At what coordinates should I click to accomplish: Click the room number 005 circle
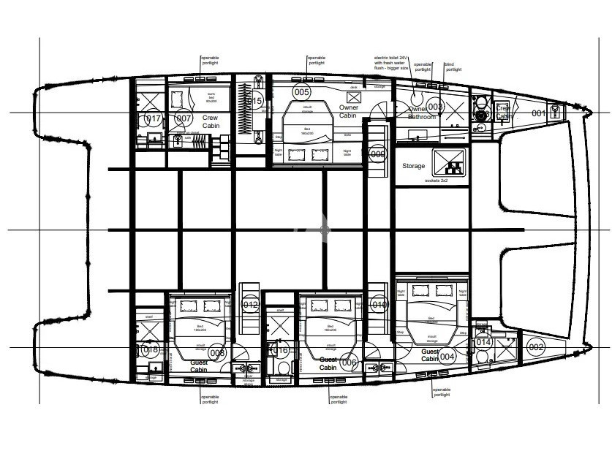click(x=301, y=92)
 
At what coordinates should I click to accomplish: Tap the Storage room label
click(x=413, y=166)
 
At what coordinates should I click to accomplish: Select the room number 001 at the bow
click(x=538, y=113)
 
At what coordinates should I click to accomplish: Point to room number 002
click(x=536, y=347)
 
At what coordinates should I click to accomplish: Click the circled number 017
click(x=153, y=118)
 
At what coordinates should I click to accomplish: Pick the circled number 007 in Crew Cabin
click(x=184, y=118)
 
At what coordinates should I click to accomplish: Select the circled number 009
click(x=377, y=154)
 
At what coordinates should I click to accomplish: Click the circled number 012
click(x=251, y=305)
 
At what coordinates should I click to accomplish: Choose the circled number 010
click(x=379, y=305)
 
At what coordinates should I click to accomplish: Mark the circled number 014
click(x=483, y=342)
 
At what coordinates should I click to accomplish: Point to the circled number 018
click(x=151, y=350)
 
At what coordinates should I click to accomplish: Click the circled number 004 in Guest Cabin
click(x=447, y=357)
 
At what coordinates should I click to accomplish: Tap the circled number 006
click(x=350, y=363)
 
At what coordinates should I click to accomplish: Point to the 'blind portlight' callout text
click(x=453, y=67)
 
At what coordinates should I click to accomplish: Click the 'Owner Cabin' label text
click(x=349, y=111)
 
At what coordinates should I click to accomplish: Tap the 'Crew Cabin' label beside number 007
click(x=211, y=121)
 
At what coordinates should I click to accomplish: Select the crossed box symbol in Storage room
click(x=449, y=162)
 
